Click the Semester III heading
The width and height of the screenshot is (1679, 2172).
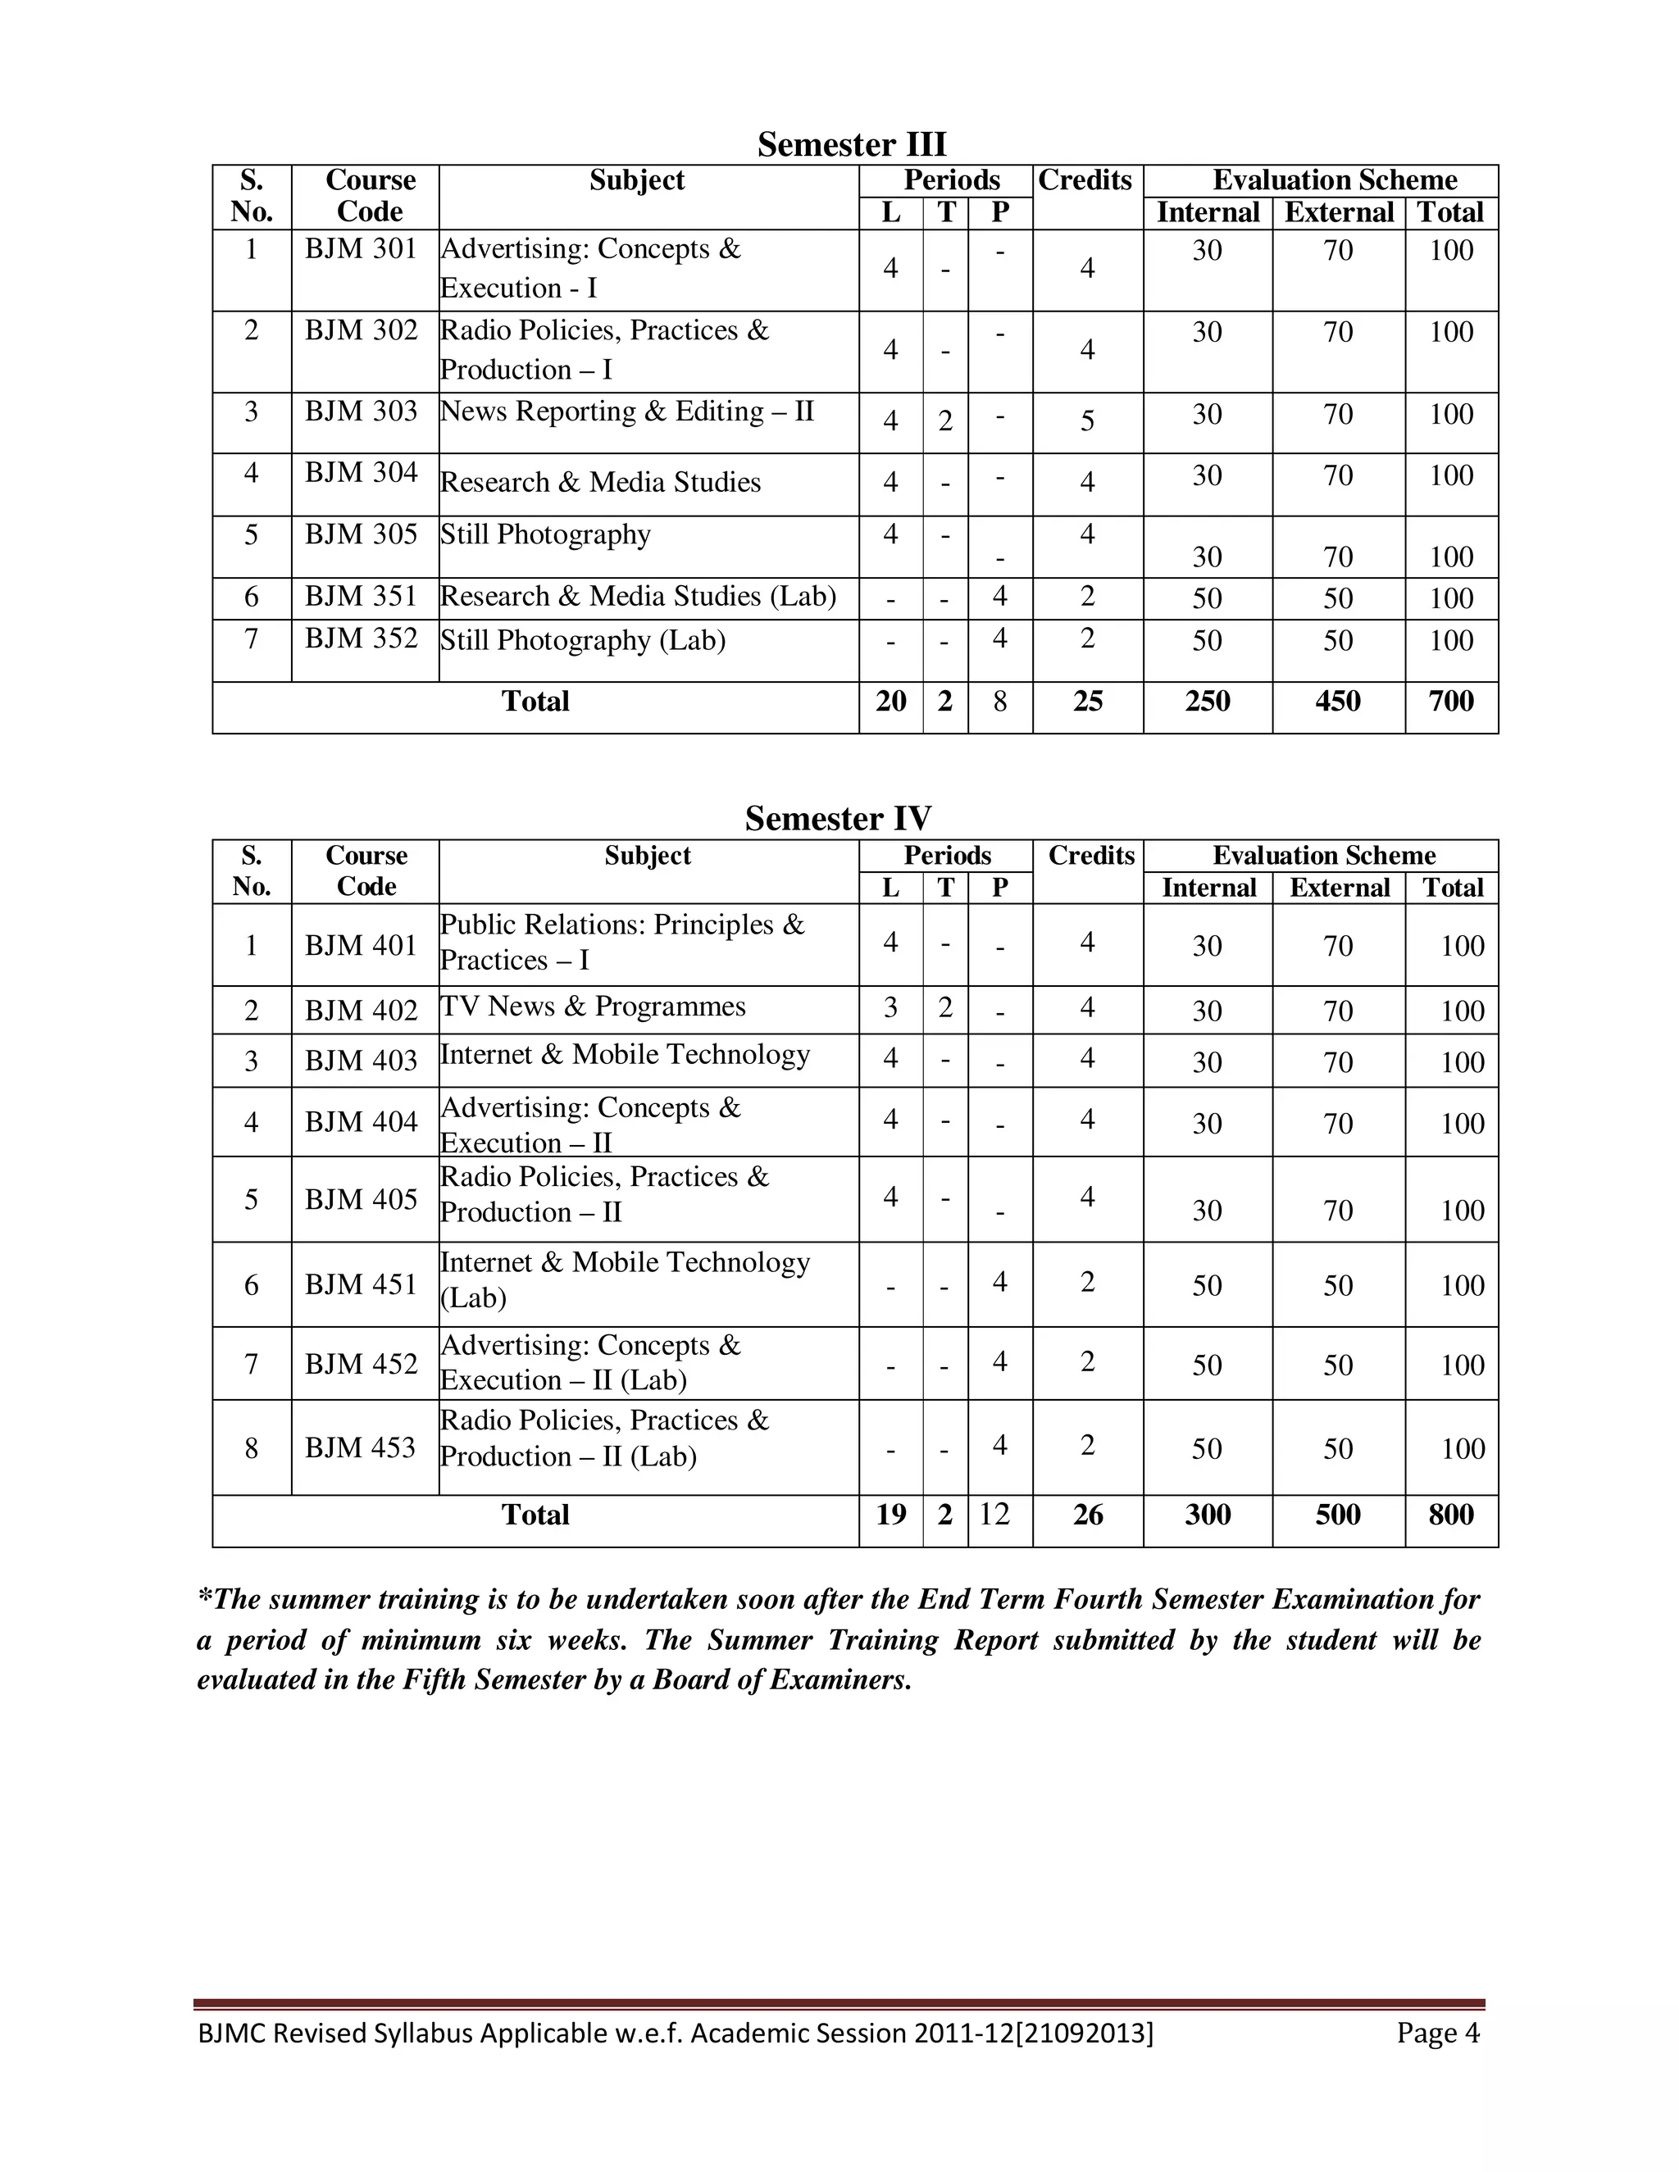click(852, 144)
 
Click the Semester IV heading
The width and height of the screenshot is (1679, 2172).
click(838, 819)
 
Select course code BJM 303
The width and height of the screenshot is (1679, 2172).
click(361, 411)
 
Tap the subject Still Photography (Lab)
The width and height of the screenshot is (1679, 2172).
click(583, 640)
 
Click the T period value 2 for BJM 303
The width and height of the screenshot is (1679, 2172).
click(945, 420)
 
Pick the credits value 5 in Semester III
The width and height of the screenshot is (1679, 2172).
click(1087, 420)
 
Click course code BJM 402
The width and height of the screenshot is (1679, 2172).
click(361, 1011)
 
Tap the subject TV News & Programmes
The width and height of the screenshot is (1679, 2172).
click(593, 1006)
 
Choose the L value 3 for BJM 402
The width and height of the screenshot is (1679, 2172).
click(890, 1007)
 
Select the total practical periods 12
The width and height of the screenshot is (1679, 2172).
click(994, 1515)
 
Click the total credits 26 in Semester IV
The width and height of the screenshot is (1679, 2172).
click(1087, 1515)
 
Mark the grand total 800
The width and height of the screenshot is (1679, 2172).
click(1450, 1515)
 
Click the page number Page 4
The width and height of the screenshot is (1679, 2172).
click(1437, 2033)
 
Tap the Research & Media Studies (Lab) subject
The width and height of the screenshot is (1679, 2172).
click(638, 597)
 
